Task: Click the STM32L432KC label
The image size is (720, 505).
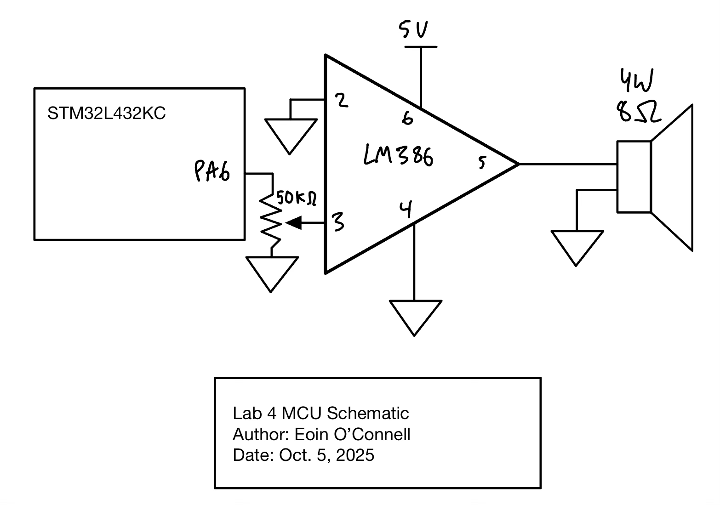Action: [x=106, y=113]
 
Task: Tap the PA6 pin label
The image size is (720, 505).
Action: [x=212, y=171]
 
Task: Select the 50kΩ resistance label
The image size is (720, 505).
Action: [x=297, y=198]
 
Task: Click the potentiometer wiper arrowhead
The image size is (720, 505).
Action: [x=294, y=223]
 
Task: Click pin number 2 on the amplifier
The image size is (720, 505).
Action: [x=342, y=101]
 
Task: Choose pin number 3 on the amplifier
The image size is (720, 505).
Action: [x=338, y=222]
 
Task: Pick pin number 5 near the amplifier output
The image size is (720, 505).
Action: [x=482, y=162]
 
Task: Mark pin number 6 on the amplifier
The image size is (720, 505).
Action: [x=407, y=119]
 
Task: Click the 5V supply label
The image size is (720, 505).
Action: [x=413, y=30]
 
